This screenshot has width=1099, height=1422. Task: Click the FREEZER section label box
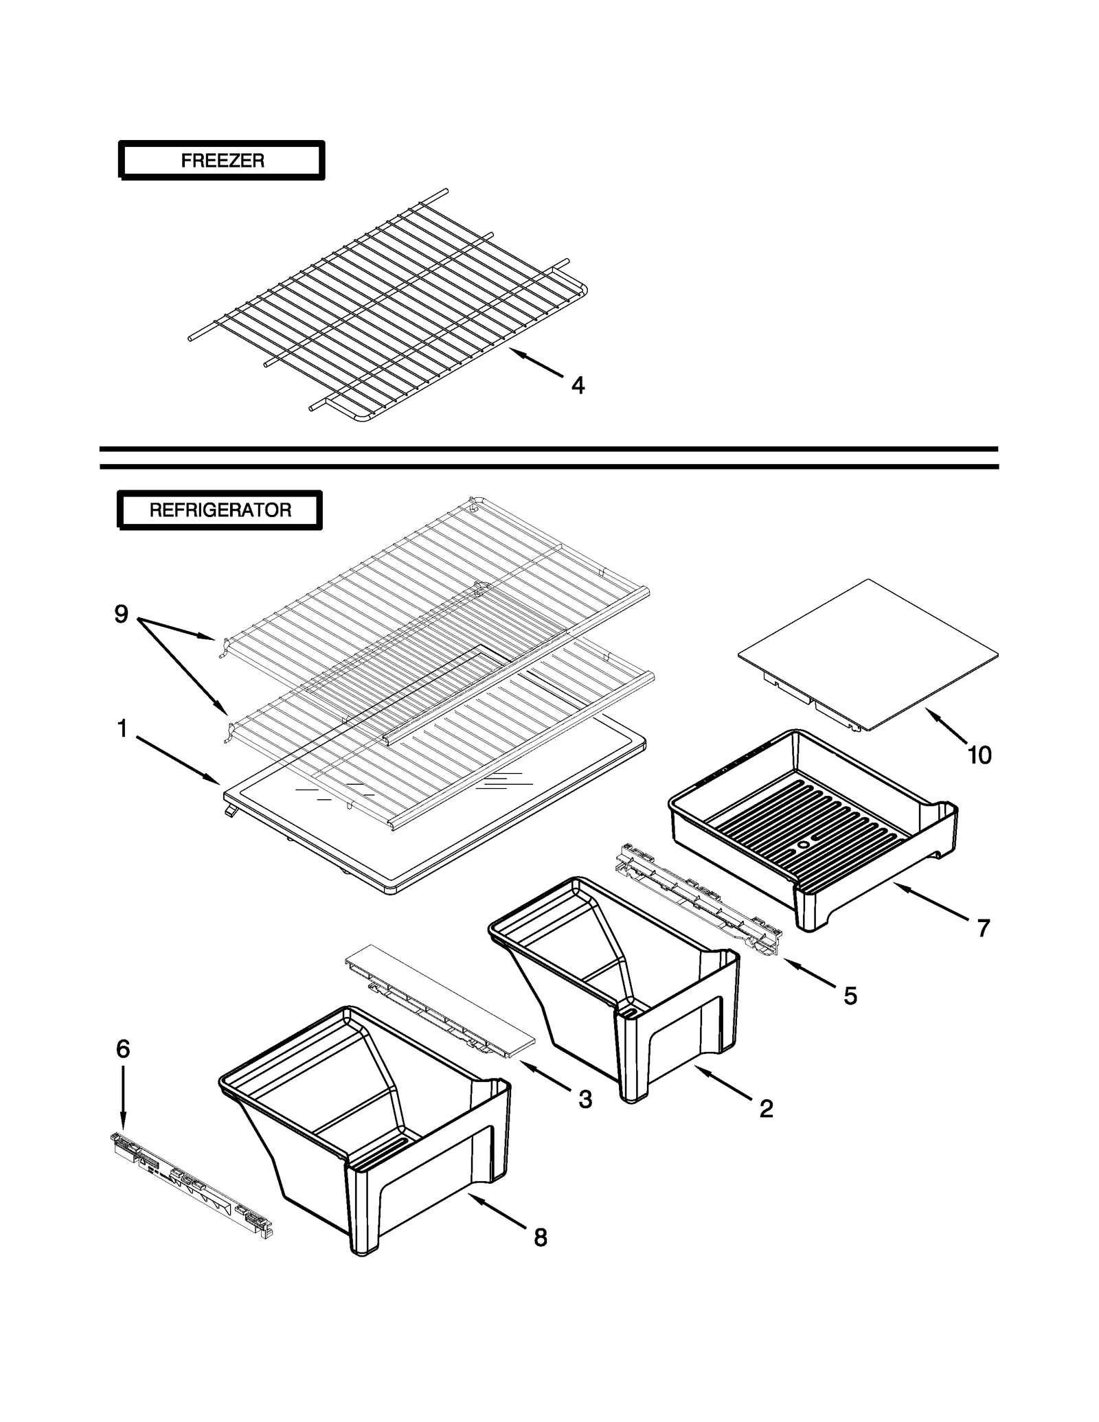tap(221, 161)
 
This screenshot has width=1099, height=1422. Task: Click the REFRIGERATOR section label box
tap(220, 510)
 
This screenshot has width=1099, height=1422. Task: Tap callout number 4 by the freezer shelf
tap(578, 386)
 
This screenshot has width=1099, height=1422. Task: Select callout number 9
tap(122, 614)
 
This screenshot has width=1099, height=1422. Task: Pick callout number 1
tap(122, 729)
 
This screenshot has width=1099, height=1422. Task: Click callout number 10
tap(979, 755)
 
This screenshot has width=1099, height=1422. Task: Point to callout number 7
tap(984, 928)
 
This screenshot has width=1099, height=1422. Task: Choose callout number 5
tap(850, 996)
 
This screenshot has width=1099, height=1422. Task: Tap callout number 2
tap(767, 1108)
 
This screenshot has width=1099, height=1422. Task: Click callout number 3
tap(585, 1099)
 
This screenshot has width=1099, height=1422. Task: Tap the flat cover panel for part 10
tap(869, 652)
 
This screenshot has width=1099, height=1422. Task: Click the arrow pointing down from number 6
tap(122, 1099)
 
